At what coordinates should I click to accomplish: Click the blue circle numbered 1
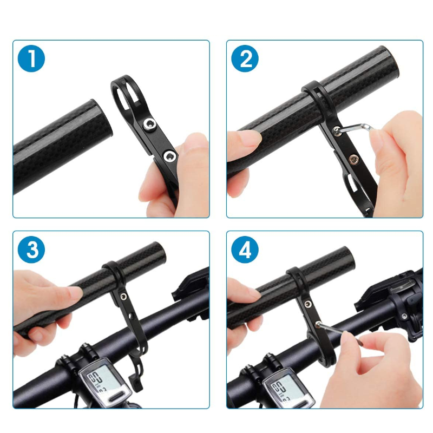(31, 58)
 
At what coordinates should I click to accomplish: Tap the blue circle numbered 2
(245, 58)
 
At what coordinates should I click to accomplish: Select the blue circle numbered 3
(31, 250)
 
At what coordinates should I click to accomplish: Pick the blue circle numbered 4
(245, 250)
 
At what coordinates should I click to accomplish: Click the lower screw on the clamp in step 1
(169, 156)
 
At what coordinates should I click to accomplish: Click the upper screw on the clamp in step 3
(123, 297)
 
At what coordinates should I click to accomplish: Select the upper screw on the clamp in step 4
(307, 304)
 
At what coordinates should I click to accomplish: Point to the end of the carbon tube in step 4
(349, 258)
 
